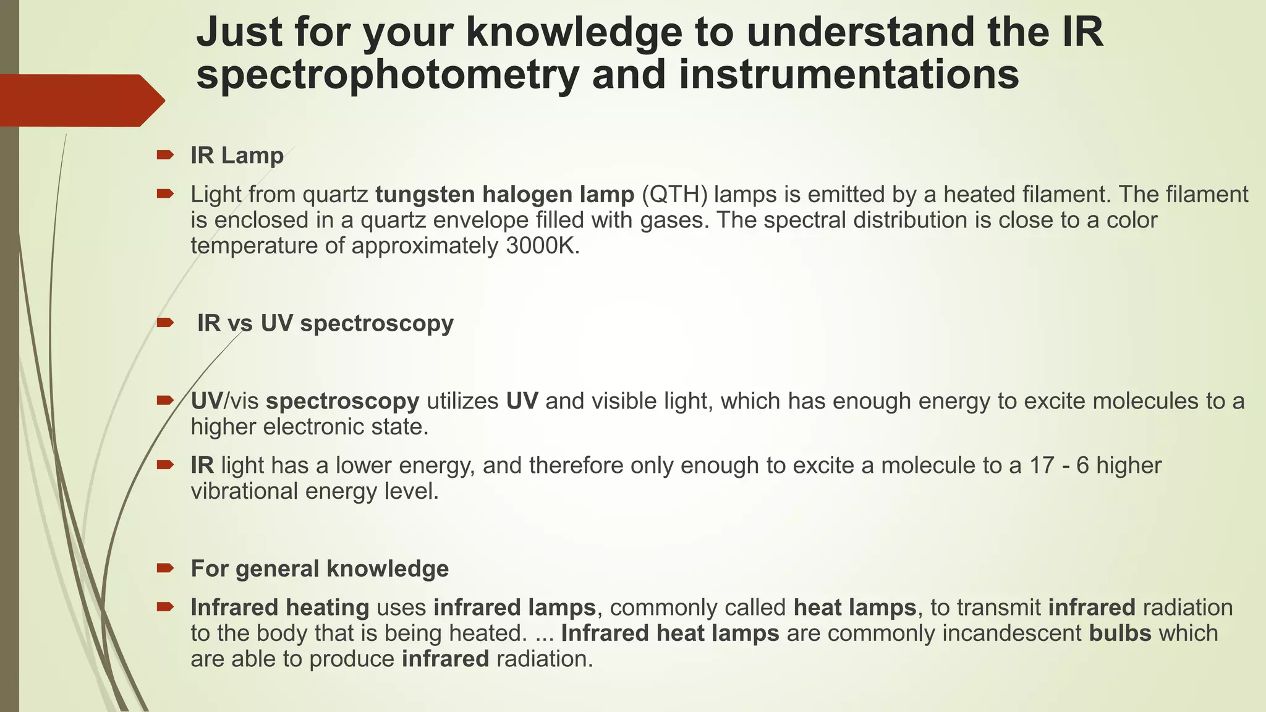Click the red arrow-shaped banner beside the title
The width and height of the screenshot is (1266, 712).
pyautogui.click(x=80, y=100)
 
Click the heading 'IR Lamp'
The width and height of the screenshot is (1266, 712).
pyautogui.click(x=237, y=156)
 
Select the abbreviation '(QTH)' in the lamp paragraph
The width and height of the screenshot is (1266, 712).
pyautogui.click(x=674, y=195)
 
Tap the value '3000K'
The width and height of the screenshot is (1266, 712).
pyautogui.click(x=542, y=246)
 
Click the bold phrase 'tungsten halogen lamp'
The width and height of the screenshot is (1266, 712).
pyautogui.click(x=504, y=195)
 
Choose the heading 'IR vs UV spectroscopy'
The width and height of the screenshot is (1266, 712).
pyautogui.click(x=325, y=323)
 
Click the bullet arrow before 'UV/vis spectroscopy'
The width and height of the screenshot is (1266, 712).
pyautogui.click(x=165, y=400)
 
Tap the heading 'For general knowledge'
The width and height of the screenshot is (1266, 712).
pyautogui.click(x=320, y=569)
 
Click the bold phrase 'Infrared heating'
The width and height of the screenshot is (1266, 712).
pyautogui.click(x=279, y=608)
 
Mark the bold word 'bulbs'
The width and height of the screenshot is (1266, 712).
pyautogui.click(x=1120, y=634)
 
